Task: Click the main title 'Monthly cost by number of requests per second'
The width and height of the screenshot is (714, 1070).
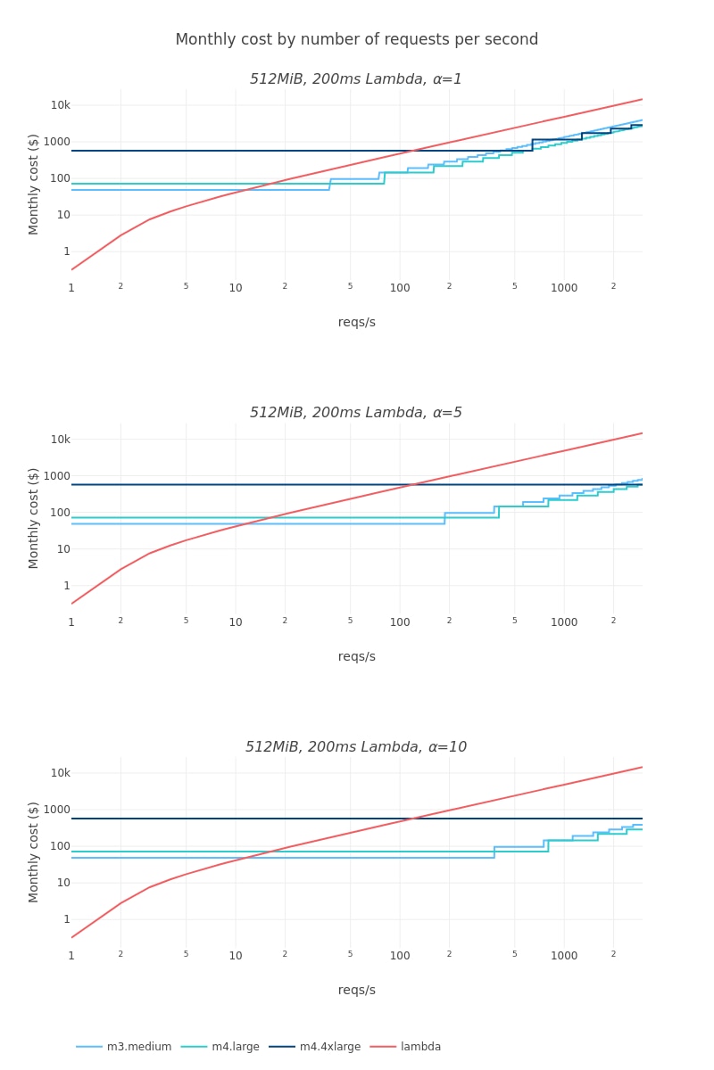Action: point(357,40)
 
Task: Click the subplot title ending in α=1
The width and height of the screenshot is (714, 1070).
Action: point(356,79)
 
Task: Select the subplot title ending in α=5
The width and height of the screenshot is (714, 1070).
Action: point(356,413)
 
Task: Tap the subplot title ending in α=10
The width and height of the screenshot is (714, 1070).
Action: point(356,747)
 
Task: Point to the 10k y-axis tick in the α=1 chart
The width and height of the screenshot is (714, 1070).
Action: point(60,105)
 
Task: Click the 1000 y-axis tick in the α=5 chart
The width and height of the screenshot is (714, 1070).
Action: point(58,476)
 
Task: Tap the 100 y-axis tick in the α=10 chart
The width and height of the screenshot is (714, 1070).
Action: point(60,846)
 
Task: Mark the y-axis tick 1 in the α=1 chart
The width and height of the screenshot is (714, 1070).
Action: point(66,251)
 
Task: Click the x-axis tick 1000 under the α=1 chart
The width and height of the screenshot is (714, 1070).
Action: point(564,288)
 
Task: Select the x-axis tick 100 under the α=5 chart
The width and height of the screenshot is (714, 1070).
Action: point(400,622)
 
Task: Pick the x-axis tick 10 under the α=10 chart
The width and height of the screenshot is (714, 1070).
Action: point(236,956)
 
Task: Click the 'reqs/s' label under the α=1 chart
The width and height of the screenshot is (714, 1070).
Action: point(357,323)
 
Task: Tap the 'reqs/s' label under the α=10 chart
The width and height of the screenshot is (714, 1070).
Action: point(357,991)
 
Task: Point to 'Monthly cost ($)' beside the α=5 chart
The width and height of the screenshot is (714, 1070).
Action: point(34,518)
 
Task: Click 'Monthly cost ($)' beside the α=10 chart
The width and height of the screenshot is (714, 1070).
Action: point(34,852)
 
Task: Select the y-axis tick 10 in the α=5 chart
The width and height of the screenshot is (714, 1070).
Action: point(63,549)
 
